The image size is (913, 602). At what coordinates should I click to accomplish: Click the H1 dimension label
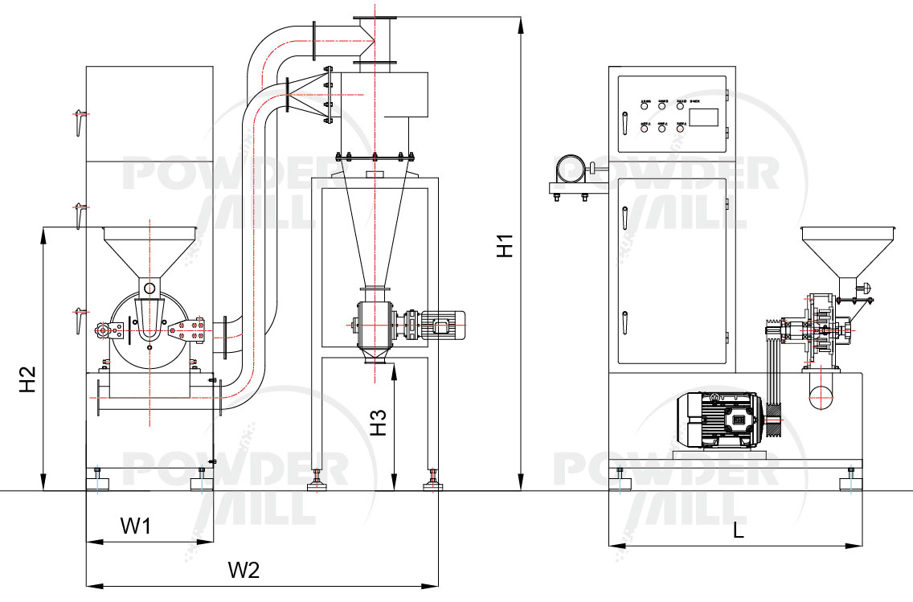[504, 246]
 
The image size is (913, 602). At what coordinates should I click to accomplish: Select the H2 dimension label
[28, 380]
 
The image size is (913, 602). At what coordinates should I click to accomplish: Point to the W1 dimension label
[136, 526]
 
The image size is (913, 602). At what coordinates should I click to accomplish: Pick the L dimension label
[738, 530]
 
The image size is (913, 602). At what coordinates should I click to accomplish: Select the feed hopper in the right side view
[846, 251]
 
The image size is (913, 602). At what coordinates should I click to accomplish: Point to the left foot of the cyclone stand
[317, 483]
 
